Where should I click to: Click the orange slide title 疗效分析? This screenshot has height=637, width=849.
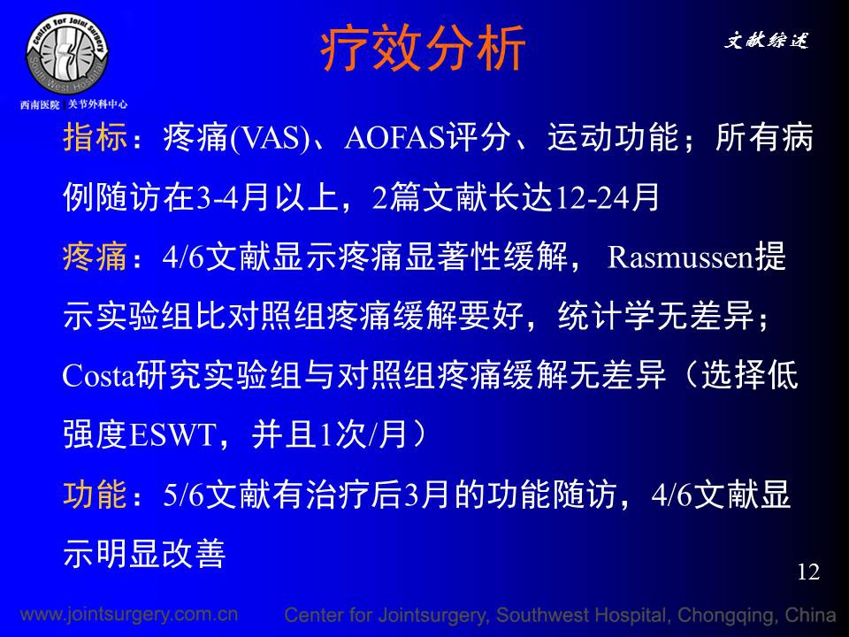click(x=423, y=49)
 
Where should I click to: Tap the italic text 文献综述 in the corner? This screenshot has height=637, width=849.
click(x=766, y=40)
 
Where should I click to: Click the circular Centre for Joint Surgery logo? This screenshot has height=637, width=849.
click(x=68, y=54)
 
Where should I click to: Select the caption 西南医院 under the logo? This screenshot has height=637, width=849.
click(x=40, y=104)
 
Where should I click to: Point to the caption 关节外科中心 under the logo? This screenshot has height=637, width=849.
click(x=97, y=104)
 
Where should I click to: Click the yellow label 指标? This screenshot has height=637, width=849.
click(x=96, y=137)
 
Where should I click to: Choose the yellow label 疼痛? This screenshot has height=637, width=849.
click(x=96, y=257)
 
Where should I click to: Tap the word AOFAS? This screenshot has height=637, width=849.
click(x=394, y=138)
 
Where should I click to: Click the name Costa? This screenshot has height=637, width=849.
click(x=98, y=375)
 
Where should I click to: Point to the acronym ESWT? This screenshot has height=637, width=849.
click(x=172, y=435)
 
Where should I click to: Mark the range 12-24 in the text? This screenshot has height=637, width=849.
click(x=592, y=197)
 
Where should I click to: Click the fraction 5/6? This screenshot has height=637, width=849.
click(x=183, y=495)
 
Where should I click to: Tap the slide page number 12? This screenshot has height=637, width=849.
click(x=808, y=572)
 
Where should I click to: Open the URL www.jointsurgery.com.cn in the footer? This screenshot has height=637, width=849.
click(x=129, y=614)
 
